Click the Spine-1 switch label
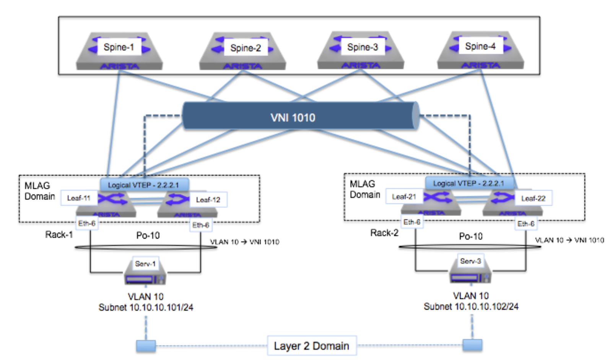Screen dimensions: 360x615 (119, 47)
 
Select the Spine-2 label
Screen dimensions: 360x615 (245, 48)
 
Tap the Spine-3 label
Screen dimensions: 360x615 (362, 47)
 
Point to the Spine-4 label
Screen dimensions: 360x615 (480, 46)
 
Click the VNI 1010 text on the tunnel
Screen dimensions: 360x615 (293, 118)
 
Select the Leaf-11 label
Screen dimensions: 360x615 (79, 198)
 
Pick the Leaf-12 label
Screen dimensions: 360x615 (208, 199)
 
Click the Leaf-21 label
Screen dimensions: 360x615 (404, 196)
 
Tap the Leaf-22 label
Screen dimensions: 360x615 (533, 198)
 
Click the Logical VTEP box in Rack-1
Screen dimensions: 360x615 (144, 185)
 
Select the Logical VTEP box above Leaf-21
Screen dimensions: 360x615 (469, 183)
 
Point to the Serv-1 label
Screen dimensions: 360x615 (145, 264)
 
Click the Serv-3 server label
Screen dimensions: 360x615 (470, 261)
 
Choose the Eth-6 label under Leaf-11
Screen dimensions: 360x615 (87, 223)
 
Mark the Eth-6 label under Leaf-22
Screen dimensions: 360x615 (526, 224)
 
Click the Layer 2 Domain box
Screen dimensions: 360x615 (311, 346)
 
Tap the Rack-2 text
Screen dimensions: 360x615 (384, 233)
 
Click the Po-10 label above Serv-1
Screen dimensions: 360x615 (148, 235)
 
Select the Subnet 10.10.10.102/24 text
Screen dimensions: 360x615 (471, 306)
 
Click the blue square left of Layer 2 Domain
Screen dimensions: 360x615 (146, 346)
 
